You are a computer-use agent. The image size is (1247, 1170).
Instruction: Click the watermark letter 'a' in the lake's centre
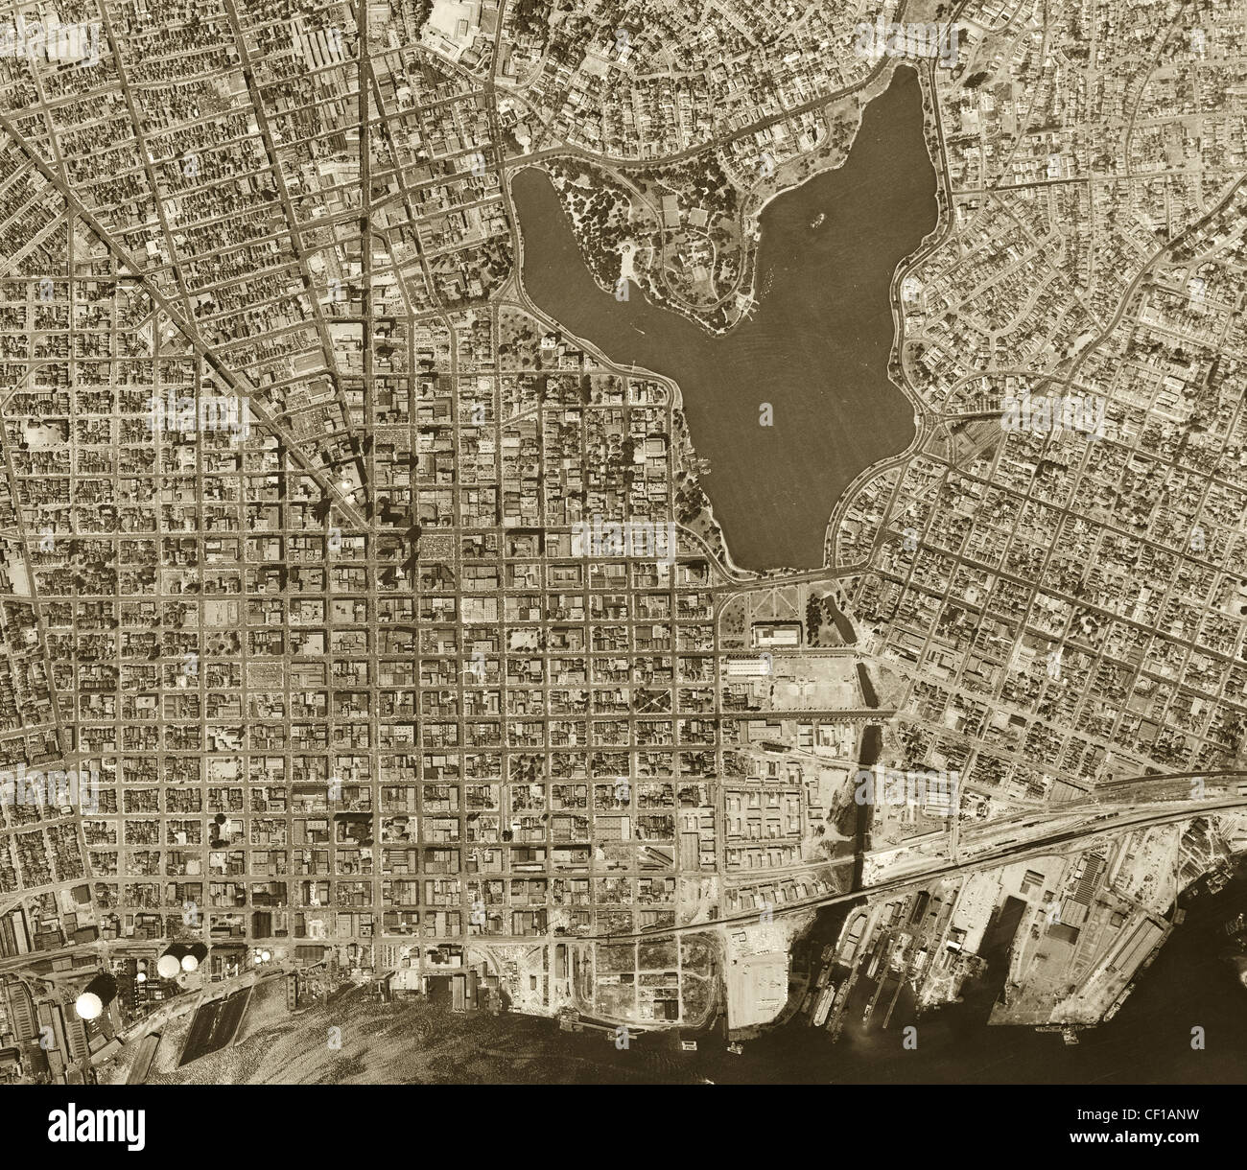[765, 414]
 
